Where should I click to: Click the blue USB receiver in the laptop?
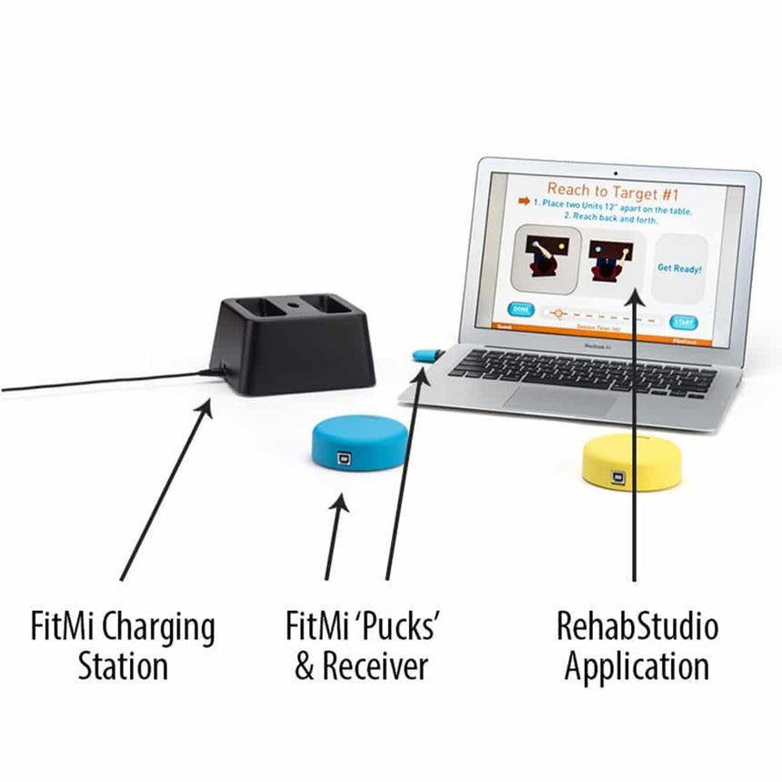coord(425,354)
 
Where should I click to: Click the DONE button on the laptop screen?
coord(520,309)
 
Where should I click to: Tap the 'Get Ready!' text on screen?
coord(680,268)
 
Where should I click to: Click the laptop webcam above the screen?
coord(616,170)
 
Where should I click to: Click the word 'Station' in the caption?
coord(123,667)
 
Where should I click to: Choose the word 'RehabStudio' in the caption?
coord(637,627)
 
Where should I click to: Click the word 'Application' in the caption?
coord(637,667)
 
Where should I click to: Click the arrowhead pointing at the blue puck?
coord(342,503)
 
